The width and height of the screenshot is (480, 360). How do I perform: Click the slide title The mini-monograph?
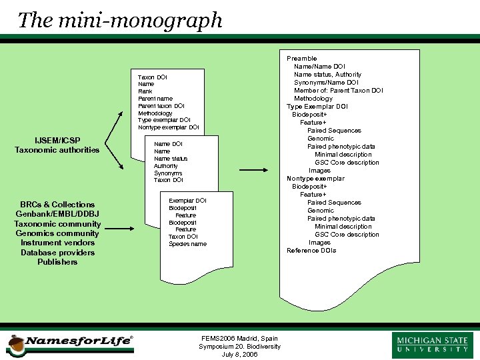[x=120, y=20]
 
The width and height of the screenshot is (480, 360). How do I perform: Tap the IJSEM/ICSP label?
[x=57, y=140]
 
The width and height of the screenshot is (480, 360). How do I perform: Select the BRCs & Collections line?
[x=57, y=205]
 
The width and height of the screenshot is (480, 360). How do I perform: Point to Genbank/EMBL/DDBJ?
[x=57, y=214]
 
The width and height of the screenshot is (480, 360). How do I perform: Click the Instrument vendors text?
[x=57, y=243]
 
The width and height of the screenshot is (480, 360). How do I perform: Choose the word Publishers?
[x=57, y=262]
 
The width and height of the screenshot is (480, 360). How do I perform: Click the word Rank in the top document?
[x=145, y=91]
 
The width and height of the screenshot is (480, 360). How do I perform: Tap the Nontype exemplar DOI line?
[x=168, y=127]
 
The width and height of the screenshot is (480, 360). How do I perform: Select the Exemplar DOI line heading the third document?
[x=187, y=201]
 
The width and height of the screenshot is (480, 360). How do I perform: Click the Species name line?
[x=187, y=244]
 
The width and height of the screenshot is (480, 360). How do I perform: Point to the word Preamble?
[x=302, y=59]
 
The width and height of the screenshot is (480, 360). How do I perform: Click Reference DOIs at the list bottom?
[x=311, y=251]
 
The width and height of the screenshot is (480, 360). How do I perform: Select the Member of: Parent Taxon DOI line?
[x=339, y=91]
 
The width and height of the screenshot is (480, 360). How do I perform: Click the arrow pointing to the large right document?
[x=253, y=170]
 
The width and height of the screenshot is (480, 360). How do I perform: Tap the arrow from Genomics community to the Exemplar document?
[x=120, y=229]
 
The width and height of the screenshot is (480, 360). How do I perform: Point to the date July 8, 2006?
[x=239, y=355]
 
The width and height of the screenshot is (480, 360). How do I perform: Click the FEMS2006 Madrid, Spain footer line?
[x=239, y=339]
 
